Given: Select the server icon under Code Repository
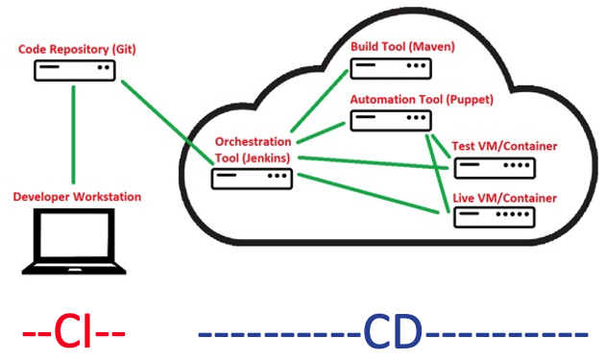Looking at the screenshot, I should coord(75,70).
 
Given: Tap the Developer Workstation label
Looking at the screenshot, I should coord(77,197).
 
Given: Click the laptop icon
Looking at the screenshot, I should coord(75,242).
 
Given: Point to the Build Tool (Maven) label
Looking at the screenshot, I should coord(402,46).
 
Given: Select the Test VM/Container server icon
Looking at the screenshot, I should coord(496,169).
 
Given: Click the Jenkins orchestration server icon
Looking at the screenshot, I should coord(251,178).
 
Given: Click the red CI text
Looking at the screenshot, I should coord(74,331).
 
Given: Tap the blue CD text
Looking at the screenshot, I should coord(393,331).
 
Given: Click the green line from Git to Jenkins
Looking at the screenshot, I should coord(163,117).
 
